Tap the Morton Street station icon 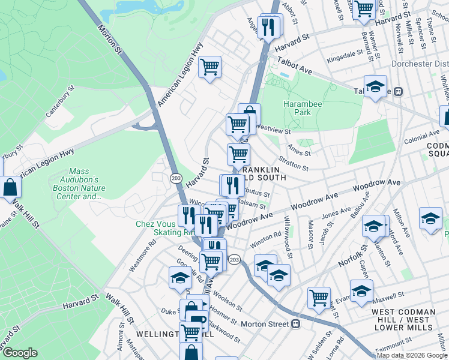pos(295,324)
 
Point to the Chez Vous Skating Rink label pos(157,228)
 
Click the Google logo pos(20,353)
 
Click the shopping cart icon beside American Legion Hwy pos(209,67)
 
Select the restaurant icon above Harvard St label pos(268,26)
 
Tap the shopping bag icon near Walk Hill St pos(10,187)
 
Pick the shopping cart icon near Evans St pos(319,296)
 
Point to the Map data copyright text pos(412,355)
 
